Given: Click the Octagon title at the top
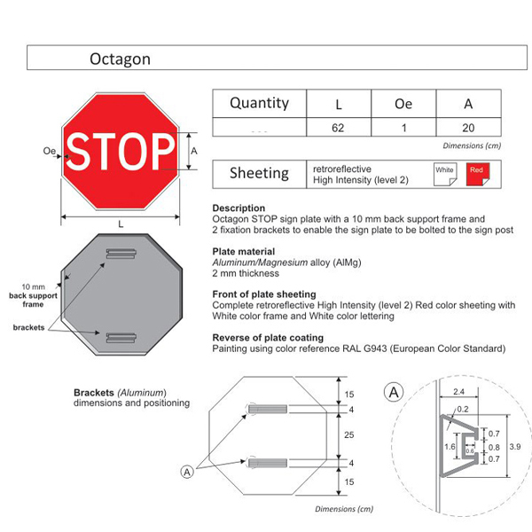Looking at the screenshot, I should tap(120, 59).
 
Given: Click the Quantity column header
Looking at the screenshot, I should tap(259, 103).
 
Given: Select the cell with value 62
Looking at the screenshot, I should tap(338, 128).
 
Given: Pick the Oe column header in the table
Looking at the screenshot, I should tap(403, 104).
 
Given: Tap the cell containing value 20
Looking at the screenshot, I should tap(468, 128).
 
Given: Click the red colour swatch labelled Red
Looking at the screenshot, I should tap(477, 173).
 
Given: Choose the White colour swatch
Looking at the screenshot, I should tap(445, 173).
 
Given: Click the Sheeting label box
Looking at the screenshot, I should tap(259, 173).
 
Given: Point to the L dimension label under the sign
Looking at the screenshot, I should tap(121, 223).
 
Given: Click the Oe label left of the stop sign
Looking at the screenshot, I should tap(49, 152).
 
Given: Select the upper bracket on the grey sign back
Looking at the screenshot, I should tap(121, 255).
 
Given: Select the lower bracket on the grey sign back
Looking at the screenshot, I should tap(121, 336).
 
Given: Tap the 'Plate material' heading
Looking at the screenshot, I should tap(244, 252).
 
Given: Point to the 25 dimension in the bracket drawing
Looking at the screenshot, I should tap(350, 435).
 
